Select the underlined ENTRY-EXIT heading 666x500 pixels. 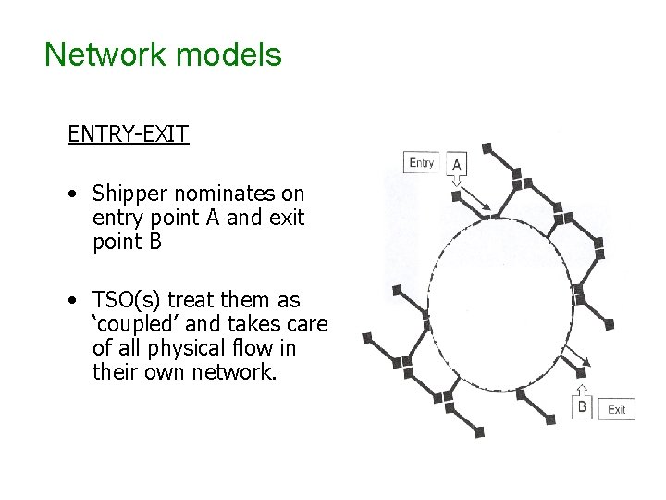128,134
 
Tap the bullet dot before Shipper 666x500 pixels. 72,194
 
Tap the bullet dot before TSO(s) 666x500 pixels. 72,301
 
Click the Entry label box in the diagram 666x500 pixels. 421,164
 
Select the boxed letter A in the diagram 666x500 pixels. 458,165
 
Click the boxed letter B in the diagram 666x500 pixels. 582,407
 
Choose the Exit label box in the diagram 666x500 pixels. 617,409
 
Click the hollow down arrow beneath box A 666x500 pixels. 456,183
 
